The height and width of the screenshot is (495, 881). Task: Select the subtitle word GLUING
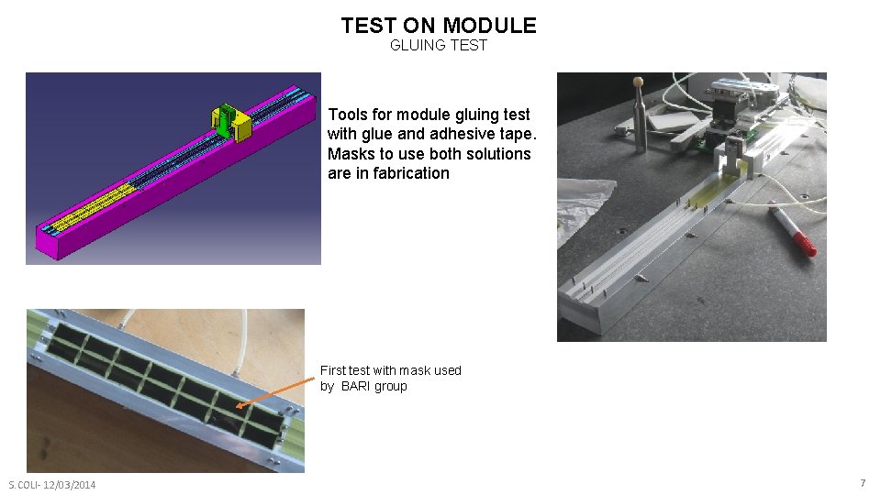coord(418,45)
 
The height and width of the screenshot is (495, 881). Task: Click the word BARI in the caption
coord(357,386)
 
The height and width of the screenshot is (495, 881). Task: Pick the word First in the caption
coord(332,370)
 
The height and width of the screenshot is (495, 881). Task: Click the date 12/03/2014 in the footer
coord(68,485)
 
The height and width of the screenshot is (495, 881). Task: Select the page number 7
coord(862,483)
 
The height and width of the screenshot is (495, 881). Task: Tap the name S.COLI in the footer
coord(24,485)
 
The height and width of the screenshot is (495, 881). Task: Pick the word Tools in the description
coord(347,115)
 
